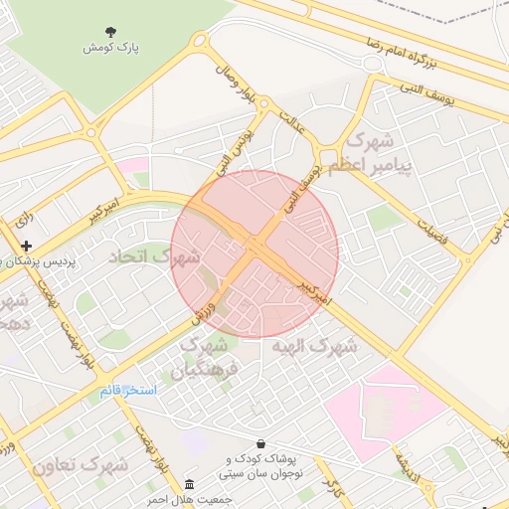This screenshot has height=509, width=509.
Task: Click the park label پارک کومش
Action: pyautogui.click(x=110, y=47)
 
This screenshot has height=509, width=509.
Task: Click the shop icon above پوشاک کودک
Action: pyautogui.click(x=260, y=443)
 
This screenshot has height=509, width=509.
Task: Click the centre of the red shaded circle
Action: pyautogui.click(x=254, y=254)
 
